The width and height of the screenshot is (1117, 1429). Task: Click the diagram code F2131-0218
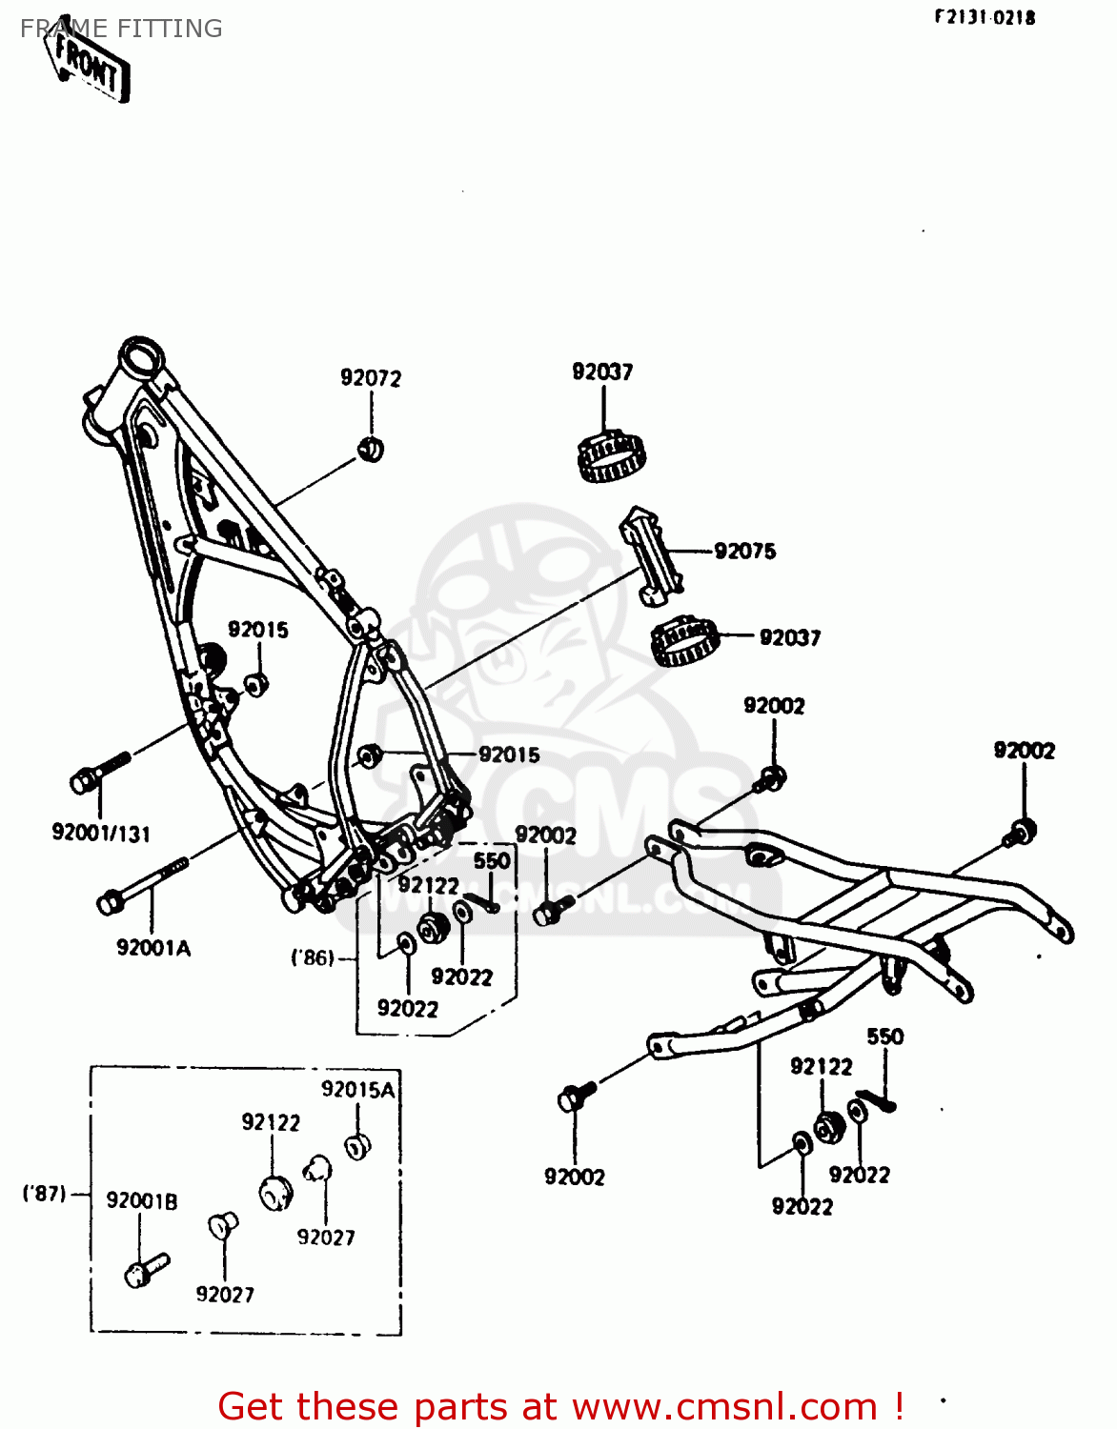984,17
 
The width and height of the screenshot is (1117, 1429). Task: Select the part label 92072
371,378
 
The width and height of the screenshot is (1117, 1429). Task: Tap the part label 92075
744,551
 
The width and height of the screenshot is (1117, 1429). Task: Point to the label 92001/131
101,834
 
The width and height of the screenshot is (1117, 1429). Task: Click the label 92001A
153,948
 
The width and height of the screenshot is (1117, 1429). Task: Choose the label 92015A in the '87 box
357,1090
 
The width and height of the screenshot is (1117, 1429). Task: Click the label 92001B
142,1201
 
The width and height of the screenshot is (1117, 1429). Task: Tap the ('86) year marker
313,957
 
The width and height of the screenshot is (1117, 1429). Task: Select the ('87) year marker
45,1193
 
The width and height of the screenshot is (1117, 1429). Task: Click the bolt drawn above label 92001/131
99,773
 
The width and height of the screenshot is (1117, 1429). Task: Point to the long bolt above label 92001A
143,885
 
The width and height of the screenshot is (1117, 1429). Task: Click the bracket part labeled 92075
652,559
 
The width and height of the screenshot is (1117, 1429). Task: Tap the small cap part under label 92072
371,448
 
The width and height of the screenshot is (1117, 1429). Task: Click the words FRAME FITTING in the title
121,29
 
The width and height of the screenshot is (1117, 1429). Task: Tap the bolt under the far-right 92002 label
1019,834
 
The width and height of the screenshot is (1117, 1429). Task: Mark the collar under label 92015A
357,1146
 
